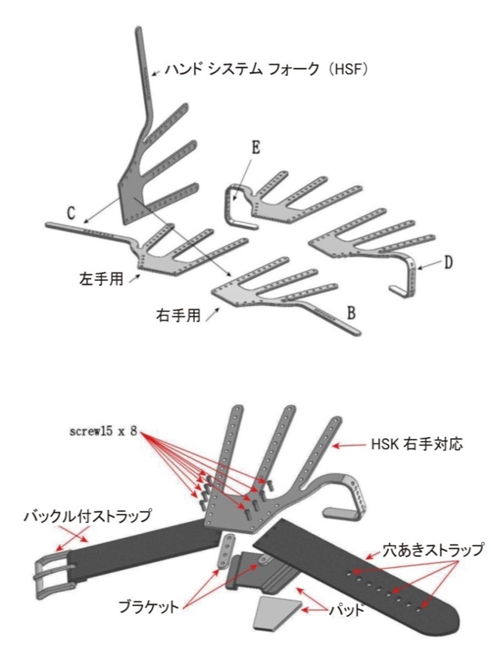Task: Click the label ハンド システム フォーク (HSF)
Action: tap(266, 70)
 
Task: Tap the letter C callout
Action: tap(71, 213)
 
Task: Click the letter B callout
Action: tap(351, 313)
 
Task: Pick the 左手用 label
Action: tap(101, 279)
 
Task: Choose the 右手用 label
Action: tap(178, 315)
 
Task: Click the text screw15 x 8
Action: tap(103, 432)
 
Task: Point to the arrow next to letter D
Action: tap(429, 265)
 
